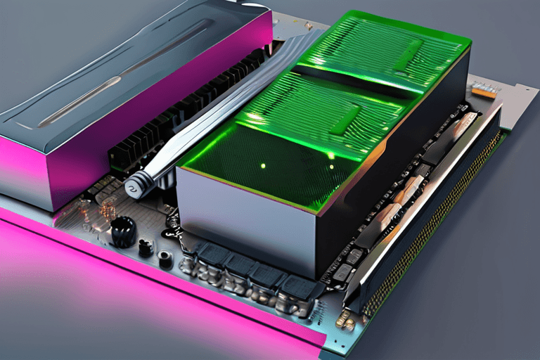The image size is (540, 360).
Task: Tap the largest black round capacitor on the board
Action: (x=124, y=231)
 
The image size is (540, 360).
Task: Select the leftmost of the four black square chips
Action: (x=212, y=254)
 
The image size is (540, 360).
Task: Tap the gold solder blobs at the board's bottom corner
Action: (x=345, y=320)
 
